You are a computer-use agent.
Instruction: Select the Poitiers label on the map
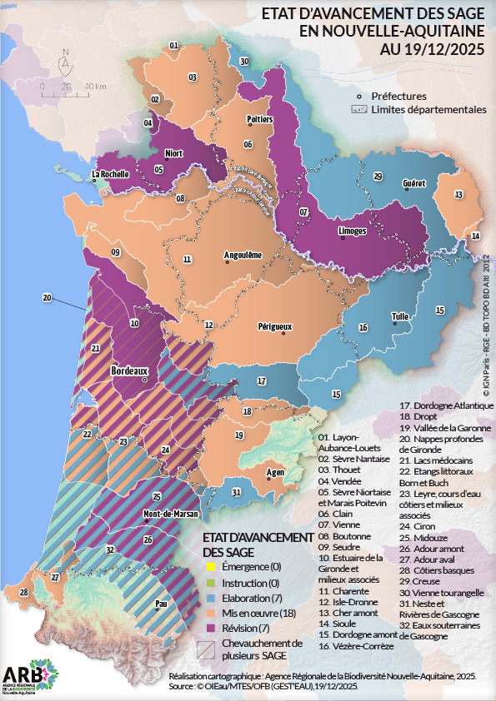tap(260, 120)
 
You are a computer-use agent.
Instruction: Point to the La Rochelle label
tap(110, 175)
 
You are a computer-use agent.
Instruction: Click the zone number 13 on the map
tap(458, 194)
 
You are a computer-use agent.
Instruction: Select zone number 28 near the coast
tap(23, 592)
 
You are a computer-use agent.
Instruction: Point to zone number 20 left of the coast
tap(48, 297)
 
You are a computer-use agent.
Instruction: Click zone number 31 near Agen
tap(237, 493)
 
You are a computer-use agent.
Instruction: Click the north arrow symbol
tap(65, 62)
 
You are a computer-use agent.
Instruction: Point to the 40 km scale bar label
tap(94, 87)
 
